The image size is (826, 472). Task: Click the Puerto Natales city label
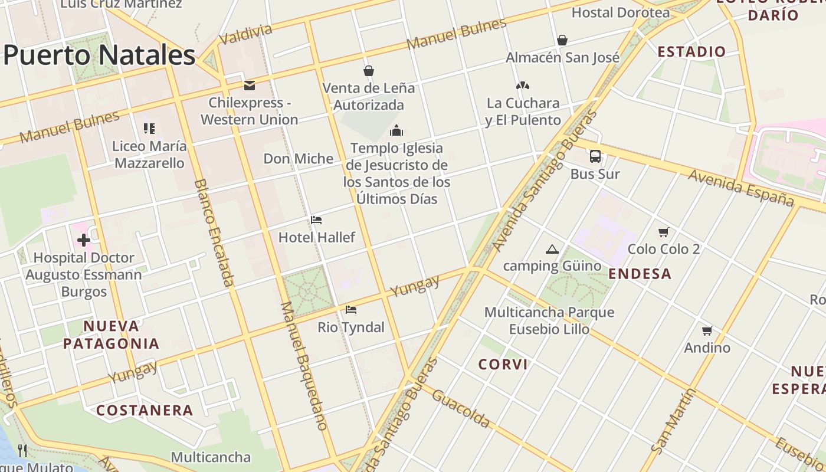(x=99, y=55)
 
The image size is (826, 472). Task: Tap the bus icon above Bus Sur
(x=595, y=156)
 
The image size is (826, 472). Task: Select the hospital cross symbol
(x=83, y=240)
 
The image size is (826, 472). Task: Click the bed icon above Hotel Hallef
(x=316, y=221)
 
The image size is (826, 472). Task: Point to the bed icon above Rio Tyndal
(x=351, y=310)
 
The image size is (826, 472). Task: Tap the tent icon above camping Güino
(x=552, y=250)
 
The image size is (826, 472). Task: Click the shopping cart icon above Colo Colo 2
(x=664, y=232)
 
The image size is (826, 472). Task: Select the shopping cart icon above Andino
(x=707, y=330)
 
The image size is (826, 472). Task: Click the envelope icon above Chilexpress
(x=250, y=86)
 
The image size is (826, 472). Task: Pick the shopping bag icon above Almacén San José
(x=562, y=40)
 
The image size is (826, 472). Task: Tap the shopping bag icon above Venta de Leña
(x=369, y=71)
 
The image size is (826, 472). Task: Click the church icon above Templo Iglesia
(x=396, y=130)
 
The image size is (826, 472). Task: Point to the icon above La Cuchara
(x=523, y=86)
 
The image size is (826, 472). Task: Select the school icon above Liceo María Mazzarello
(x=149, y=128)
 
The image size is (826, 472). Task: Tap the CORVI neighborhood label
(x=503, y=365)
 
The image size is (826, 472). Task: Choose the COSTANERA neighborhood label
(x=145, y=410)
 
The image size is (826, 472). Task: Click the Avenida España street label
(x=741, y=188)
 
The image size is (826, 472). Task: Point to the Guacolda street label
(x=461, y=408)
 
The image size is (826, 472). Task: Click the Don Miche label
(x=299, y=159)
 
